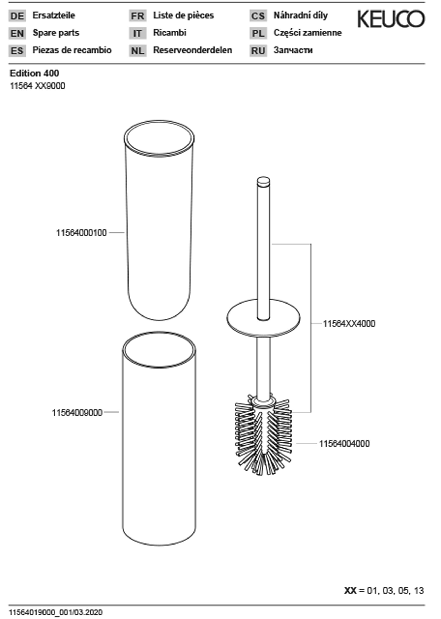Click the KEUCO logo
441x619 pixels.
(391, 19)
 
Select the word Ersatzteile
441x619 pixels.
(54, 15)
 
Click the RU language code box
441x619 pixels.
(258, 51)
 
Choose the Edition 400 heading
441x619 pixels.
(34, 73)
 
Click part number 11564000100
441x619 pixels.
(81, 233)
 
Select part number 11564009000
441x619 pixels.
(77, 413)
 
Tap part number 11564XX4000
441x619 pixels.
(349, 324)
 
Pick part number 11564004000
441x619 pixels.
(344, 444)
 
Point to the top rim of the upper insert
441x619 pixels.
(159, 138)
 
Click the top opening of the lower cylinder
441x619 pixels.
(159, 350)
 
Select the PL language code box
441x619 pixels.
(258, 33)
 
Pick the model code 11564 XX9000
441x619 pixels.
(38, 86)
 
